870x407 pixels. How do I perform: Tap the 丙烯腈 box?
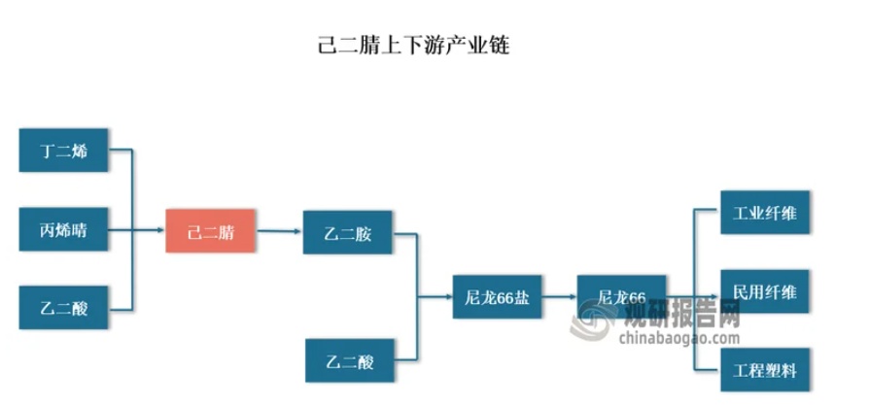[x=63, y=230]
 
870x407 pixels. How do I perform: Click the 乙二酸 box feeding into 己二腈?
[x=63, y=309]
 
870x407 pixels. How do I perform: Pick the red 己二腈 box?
[x=211, y=231]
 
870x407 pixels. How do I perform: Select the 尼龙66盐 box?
[x=498, y=296]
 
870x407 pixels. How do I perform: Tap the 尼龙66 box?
[x=621, y=296]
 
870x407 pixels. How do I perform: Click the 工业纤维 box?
[x=764, y=213]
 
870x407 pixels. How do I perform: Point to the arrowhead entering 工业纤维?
[x=713, y=213]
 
